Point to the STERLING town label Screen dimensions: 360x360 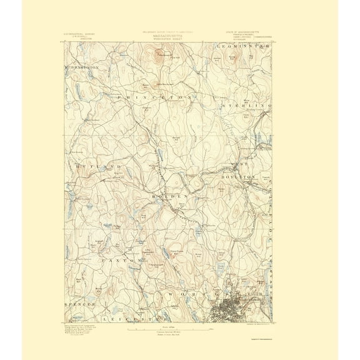[247, 106]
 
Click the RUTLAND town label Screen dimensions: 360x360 [94, 167]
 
